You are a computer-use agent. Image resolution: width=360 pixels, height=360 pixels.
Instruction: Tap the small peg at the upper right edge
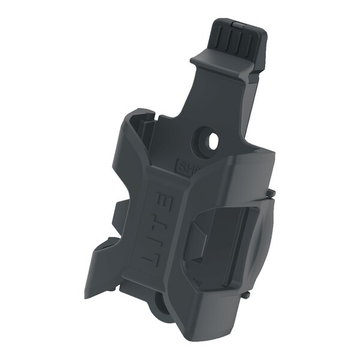click(272, 193)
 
